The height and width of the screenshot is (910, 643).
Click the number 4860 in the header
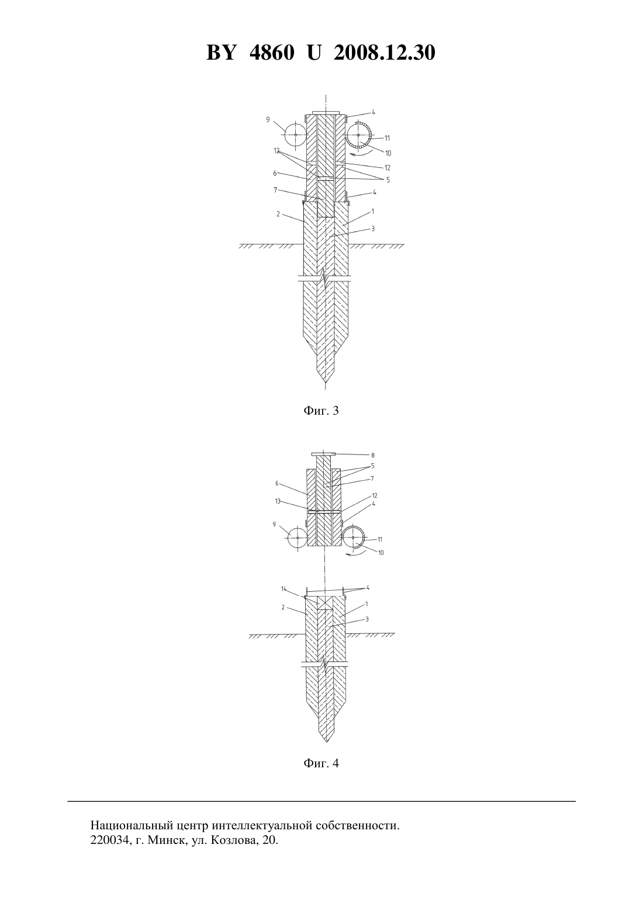(x=271, y=53)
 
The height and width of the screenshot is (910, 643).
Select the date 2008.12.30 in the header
(x=385, y=53)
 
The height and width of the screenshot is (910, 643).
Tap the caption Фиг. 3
(x=321, y=411)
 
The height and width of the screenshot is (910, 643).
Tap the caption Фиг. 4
(x=321, y=763)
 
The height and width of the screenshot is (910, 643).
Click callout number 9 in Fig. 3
(x=268, y=119)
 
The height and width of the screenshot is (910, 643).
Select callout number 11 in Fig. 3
(x=387, y=138)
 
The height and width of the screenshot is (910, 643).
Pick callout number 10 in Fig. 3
(x=388, y=153)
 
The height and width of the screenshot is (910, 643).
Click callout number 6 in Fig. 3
(x=275, y=173)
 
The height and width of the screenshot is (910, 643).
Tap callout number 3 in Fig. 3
(x=373, y=229)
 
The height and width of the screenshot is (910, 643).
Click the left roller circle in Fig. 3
(x=296, y=135)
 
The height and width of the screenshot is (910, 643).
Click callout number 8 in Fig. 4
(x=373, y=456)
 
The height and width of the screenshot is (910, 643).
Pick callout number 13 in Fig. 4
(x=278, y=501)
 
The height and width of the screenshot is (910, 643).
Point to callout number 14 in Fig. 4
(x=284, y=588)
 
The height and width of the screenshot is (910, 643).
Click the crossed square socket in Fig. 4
(x=325, y=603)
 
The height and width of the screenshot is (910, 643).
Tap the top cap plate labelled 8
(x=323, y=454)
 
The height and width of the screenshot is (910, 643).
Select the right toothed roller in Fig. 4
(x=353, y=537)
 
